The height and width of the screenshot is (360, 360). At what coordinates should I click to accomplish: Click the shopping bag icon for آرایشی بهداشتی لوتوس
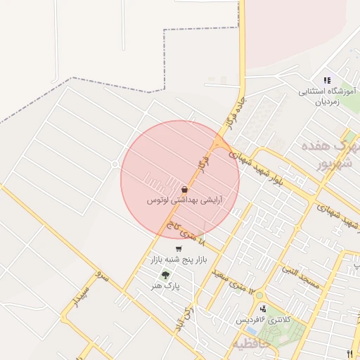184,189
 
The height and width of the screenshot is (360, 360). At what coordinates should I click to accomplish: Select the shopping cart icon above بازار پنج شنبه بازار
179,249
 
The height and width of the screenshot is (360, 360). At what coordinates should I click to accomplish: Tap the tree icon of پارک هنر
165,276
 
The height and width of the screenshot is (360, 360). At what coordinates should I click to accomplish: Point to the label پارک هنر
168,287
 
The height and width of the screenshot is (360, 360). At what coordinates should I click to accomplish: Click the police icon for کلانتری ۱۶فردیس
263,309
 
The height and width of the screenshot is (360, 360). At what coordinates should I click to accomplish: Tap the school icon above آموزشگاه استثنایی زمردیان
326,81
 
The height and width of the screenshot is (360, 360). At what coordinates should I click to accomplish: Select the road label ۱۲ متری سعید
228,281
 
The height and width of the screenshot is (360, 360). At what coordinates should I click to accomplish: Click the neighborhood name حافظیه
246,344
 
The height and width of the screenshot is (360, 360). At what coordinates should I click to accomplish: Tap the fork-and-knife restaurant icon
349,353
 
